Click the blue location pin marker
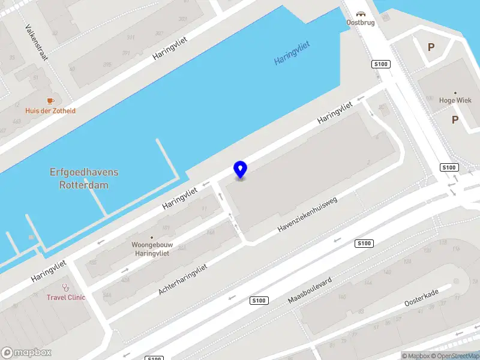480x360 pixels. [x=240, y=169]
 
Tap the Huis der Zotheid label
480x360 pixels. [x=50, y=111]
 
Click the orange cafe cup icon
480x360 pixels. [x=50, y=101]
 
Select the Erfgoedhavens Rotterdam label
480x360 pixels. [x=84, y=179]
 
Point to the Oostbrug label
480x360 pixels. [x=361, y=23]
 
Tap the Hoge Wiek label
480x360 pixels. [x=455, y=101]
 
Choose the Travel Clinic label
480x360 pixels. [x=66, y=297]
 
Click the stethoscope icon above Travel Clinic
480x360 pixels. [x=66, y=287]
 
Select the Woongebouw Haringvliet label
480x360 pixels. [x=151, y=249]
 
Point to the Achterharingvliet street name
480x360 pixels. [x=182, y=280]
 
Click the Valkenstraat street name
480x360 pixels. [x=37, y=43]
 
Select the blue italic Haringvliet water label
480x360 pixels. [x=295, y=53]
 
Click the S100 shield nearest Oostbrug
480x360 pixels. [x=379, y=64]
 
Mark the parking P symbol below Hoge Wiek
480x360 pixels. [x=455, y=120]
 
